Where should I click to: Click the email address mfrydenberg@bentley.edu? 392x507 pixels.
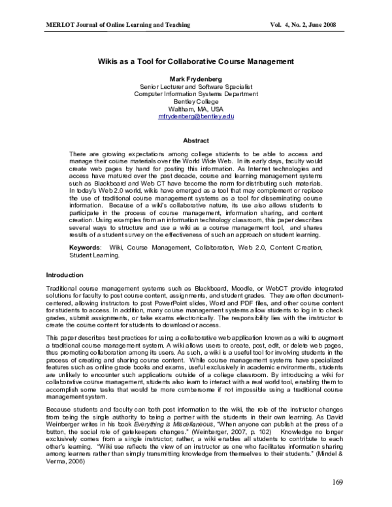pos(196,116)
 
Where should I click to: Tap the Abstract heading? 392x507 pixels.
pos(196,140)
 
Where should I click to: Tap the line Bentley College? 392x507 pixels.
pos(196,101)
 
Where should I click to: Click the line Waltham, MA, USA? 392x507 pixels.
pos(196,108)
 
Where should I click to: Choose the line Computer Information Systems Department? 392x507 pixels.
pos(196,93)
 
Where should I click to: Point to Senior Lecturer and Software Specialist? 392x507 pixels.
pos(196,86)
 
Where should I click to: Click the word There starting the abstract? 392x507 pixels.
pos(79,152)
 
